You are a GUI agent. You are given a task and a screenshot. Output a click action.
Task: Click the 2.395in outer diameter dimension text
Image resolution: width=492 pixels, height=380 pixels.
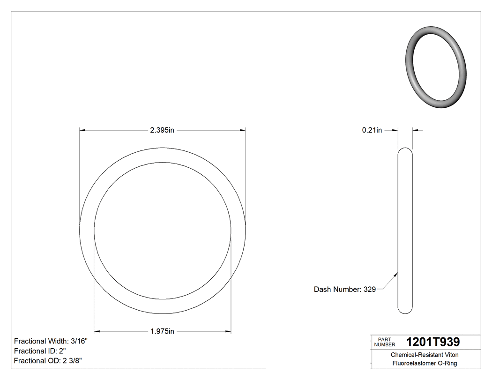[x=162, y=130]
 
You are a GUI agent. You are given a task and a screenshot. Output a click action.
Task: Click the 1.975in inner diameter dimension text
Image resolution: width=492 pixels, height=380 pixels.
[x=162, y=332]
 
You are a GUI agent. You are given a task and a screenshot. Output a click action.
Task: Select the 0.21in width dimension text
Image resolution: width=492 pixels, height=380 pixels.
[x=372, y=130]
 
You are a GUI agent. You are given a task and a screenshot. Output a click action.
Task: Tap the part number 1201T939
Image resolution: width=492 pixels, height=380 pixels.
[x=433, y=342]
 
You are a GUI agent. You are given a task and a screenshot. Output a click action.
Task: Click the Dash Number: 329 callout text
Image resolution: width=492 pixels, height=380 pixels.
[x=344, y=290]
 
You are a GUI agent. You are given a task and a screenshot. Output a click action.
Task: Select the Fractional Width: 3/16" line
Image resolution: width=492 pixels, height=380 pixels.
[x=51, y=341]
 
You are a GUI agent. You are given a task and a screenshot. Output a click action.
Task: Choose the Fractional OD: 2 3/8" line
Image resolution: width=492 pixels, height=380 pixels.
[x=49, y=361]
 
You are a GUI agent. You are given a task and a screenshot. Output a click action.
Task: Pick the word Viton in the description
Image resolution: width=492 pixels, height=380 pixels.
[x=451, y=355]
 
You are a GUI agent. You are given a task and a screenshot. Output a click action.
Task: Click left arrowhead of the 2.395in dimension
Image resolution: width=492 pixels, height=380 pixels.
[x=82, y=130]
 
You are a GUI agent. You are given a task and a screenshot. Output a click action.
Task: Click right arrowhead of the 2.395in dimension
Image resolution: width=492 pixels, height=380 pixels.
[x=243, y=130]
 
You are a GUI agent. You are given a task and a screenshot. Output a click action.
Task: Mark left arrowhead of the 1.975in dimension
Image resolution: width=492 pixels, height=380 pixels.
[x=97, y=332]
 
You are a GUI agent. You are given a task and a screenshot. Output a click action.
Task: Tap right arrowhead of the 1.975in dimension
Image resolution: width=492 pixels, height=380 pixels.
[x=228, y=332]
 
